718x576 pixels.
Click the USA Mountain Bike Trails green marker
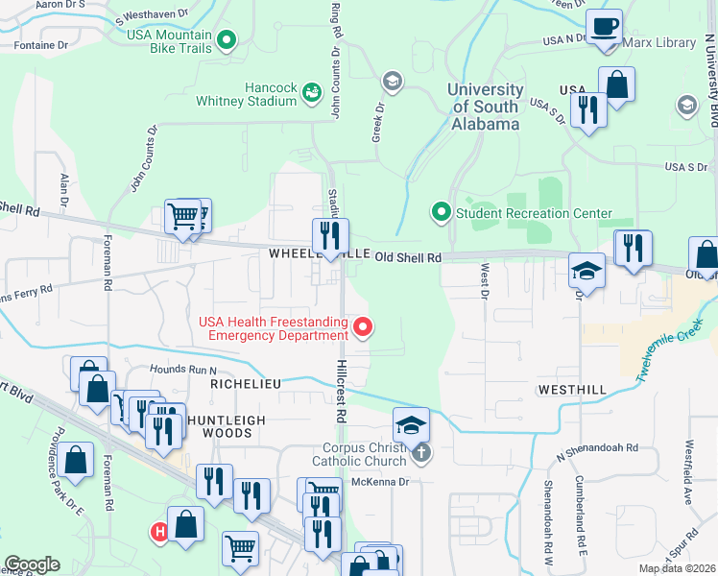point(227,40)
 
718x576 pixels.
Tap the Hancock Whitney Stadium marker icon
point(312,93)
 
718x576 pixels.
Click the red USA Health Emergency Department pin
point(363,328)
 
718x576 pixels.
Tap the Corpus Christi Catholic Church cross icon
point(421,452)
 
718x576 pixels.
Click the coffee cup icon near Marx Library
point(604,27)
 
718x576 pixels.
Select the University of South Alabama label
point(486,107)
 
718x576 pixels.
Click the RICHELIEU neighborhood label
point(246,383)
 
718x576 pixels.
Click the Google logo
point(32,564)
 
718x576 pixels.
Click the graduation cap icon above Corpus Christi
point(411,423)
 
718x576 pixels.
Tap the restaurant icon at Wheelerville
point(330,235)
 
